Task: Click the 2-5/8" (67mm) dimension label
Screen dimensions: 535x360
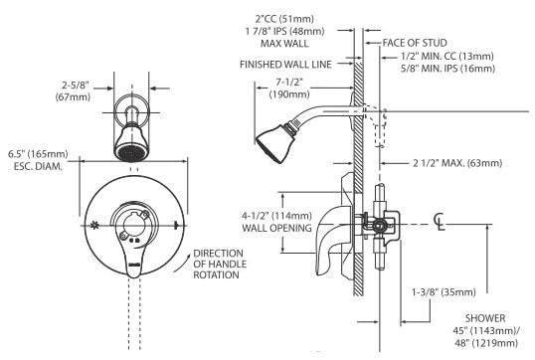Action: click(x=73, y=91)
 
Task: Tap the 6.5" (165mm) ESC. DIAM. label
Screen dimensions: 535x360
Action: click(x=38, y=160)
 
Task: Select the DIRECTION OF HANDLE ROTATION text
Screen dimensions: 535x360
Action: click(x=219, y=265)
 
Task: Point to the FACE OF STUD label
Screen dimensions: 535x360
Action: click(x=415, y=43)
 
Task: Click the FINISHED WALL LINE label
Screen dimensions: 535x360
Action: click(x=285, y=65)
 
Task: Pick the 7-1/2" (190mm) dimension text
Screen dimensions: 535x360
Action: click(x=289, y=89)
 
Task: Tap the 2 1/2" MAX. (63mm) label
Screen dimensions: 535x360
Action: click(x=457, y=163)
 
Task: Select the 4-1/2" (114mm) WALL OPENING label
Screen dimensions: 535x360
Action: click(x=276, y=222)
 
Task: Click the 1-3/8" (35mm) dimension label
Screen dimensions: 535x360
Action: click(x=444, y=292)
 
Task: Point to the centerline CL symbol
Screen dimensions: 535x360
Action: click(x=440, y=222)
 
